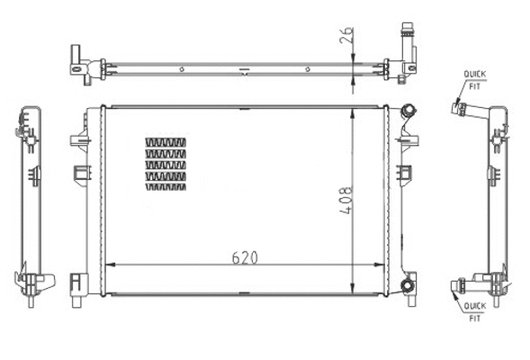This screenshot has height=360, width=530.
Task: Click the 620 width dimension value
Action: click(x=245, y=256)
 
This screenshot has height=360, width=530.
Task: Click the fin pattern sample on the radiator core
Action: click(x=166, y=165)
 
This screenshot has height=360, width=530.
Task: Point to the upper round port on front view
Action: click(x=409, y=111)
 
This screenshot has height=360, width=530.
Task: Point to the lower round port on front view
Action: click(x=409, y=286)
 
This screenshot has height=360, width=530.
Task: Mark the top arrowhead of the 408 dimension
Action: click(x=354, y=111)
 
